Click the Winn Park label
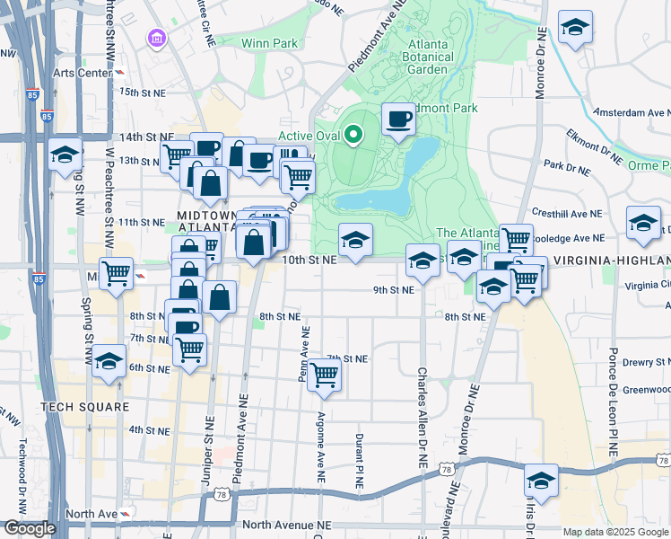coord(269,42)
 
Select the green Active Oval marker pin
coord(353,136)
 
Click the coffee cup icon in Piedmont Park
coord(399,118)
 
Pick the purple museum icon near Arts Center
coord(158,39)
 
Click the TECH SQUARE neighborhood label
coord(78,407)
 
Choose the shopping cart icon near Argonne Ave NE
coord(324,376)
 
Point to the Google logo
coord(29,528)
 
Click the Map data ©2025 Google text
coord(615,532)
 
